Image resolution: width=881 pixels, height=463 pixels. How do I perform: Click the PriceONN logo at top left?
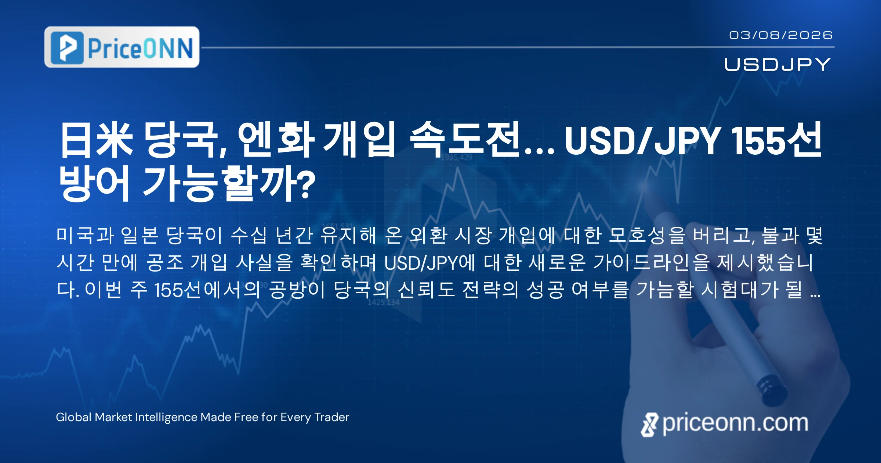(122, 47)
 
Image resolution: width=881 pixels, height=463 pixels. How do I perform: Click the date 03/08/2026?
(781, 35)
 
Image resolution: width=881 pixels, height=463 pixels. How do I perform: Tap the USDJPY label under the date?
(777, 64)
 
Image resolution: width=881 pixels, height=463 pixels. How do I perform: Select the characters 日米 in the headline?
(96, 140)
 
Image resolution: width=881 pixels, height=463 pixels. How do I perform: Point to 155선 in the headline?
(776, 140)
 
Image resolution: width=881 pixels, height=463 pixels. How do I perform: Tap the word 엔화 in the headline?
(276, 140)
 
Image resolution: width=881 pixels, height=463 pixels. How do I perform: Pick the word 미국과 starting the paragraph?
(86, 235)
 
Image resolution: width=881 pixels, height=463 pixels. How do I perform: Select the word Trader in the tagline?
(332, 417)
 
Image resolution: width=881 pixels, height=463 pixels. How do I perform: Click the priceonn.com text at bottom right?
(735, 423)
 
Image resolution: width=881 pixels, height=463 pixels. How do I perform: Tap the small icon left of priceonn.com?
(650, 425)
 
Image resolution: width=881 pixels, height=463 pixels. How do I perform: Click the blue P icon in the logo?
(67, 47)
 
